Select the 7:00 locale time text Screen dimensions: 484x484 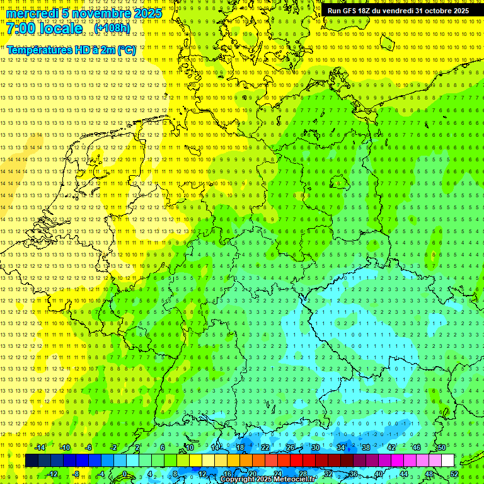pyautogui.click(x=45, y=28)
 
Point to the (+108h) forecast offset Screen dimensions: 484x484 pyautogui.click(x=112, y=28)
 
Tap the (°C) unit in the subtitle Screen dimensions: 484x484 pyautogui.click(x=127, y=50)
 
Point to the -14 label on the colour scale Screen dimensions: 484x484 pyautogui.click(x=40, y=447)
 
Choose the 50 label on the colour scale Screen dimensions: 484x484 pyautogui.click(x=442, y=447)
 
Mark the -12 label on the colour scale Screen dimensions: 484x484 pyautogui.click(x=52, y=474)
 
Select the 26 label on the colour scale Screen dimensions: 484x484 pyautogui.click(x=291, y=447)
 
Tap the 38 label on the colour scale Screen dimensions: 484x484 pyautogui.click(x=366, y=447)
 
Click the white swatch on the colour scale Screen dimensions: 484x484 pyautogui.click(x=447, y=461)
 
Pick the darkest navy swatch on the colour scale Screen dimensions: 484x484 pyautogui.click(x=32, y=461)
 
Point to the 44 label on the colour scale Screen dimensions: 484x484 pyautogui.click(x=404, y=474)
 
